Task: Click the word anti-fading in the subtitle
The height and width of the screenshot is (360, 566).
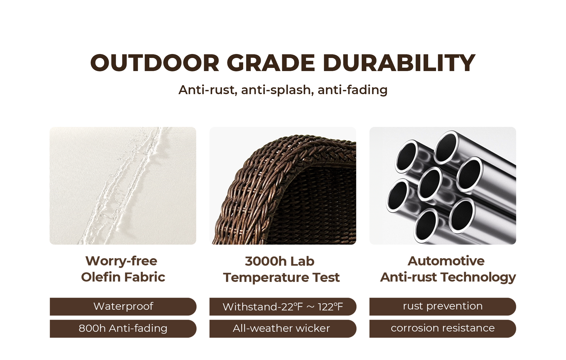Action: [x=352, y=90]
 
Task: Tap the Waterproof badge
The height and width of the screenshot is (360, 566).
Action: [x=123, y=306]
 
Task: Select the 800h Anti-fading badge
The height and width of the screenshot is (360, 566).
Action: [x=123, y=329]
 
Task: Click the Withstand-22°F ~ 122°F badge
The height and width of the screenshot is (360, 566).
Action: [x=283, y=306]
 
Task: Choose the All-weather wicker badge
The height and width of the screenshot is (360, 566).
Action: [x=283, y=329]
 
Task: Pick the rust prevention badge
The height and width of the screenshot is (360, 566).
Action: [x=443, y=306]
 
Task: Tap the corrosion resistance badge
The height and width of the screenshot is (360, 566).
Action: [x=443, y=329]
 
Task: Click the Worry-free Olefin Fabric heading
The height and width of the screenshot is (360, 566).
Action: [x=123, y=269]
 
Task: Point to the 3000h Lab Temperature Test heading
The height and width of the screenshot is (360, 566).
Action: [x=281, y=269]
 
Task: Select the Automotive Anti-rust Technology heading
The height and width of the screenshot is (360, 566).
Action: [x=448, y=269]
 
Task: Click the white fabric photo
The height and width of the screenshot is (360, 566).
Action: [x=123, y=186]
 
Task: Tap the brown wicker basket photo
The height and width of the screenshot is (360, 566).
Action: [x=283, y=186]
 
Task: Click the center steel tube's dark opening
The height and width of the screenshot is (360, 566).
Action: [x=429, y=184]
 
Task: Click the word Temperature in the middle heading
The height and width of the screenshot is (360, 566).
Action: [x=266, y=278]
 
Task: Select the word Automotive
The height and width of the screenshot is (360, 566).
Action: [x=446, y=261]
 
